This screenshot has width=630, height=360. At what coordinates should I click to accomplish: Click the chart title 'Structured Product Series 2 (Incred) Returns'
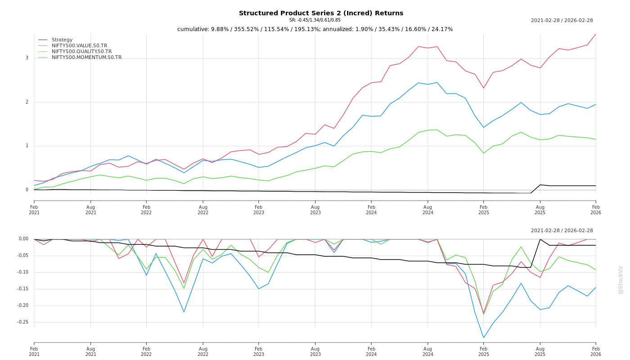(x=321, y=13)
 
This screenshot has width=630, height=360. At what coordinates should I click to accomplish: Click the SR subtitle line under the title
(x=315, y=20)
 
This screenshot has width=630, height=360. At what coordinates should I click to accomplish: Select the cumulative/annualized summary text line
(x=315, y=29)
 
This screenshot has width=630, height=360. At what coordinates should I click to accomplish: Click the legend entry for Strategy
(x=62, y=40)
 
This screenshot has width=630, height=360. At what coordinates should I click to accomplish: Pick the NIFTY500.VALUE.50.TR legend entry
(x=79, y=46)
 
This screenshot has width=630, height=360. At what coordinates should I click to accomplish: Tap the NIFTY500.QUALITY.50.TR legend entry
(x=81, y=52)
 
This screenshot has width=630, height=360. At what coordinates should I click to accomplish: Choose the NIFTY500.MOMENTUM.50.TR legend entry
(x=86, y=58)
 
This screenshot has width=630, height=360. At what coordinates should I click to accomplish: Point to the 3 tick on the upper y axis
(x=27, y=58)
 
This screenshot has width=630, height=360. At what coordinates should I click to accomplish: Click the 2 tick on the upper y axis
(x=27, y=102)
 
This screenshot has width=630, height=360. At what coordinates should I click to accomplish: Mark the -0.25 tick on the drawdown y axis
(x=23, y=322)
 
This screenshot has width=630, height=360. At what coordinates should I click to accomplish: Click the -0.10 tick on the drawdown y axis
(x=23, y=272)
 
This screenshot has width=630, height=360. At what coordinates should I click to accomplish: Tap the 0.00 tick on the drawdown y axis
(x=24, y=239)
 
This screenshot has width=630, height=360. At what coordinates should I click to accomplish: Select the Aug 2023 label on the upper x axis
(x=315, y=210)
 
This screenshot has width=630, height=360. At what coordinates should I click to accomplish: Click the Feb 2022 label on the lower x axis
(x=146, y=351)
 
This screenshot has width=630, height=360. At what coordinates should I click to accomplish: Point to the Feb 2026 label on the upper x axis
(x=596, y=210)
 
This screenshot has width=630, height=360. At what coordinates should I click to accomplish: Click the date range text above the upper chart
(x=562, y=21)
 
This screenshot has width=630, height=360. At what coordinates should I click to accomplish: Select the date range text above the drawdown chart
(x=562, y=231)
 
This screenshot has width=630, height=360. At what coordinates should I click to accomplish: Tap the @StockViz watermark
(x=621, y=279)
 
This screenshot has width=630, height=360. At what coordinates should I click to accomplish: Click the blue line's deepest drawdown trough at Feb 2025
(x=484, y=338)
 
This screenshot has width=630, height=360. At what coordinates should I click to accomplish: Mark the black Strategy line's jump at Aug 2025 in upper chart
(x=540, y=185)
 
